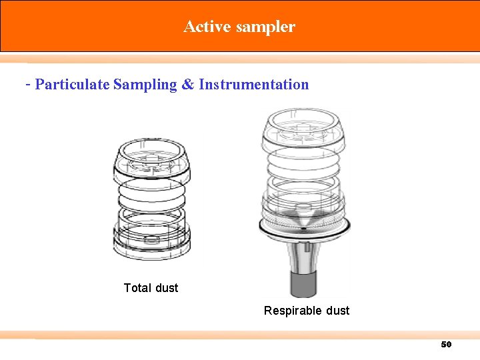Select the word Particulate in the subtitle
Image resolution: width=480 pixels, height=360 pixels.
(73, 85)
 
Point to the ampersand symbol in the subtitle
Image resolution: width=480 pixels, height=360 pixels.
(188, 85)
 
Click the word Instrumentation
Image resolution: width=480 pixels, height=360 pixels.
(254, 85)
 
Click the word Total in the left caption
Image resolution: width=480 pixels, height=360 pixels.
(137, 288)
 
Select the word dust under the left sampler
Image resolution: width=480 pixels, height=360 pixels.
(167, 288)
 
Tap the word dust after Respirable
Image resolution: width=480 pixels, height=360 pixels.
(337, 311)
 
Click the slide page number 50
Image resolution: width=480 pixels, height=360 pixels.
(446, 345)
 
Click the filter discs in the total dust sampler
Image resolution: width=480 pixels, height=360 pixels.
(153, 197)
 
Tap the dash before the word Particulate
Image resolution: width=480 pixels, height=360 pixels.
(27, 85)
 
